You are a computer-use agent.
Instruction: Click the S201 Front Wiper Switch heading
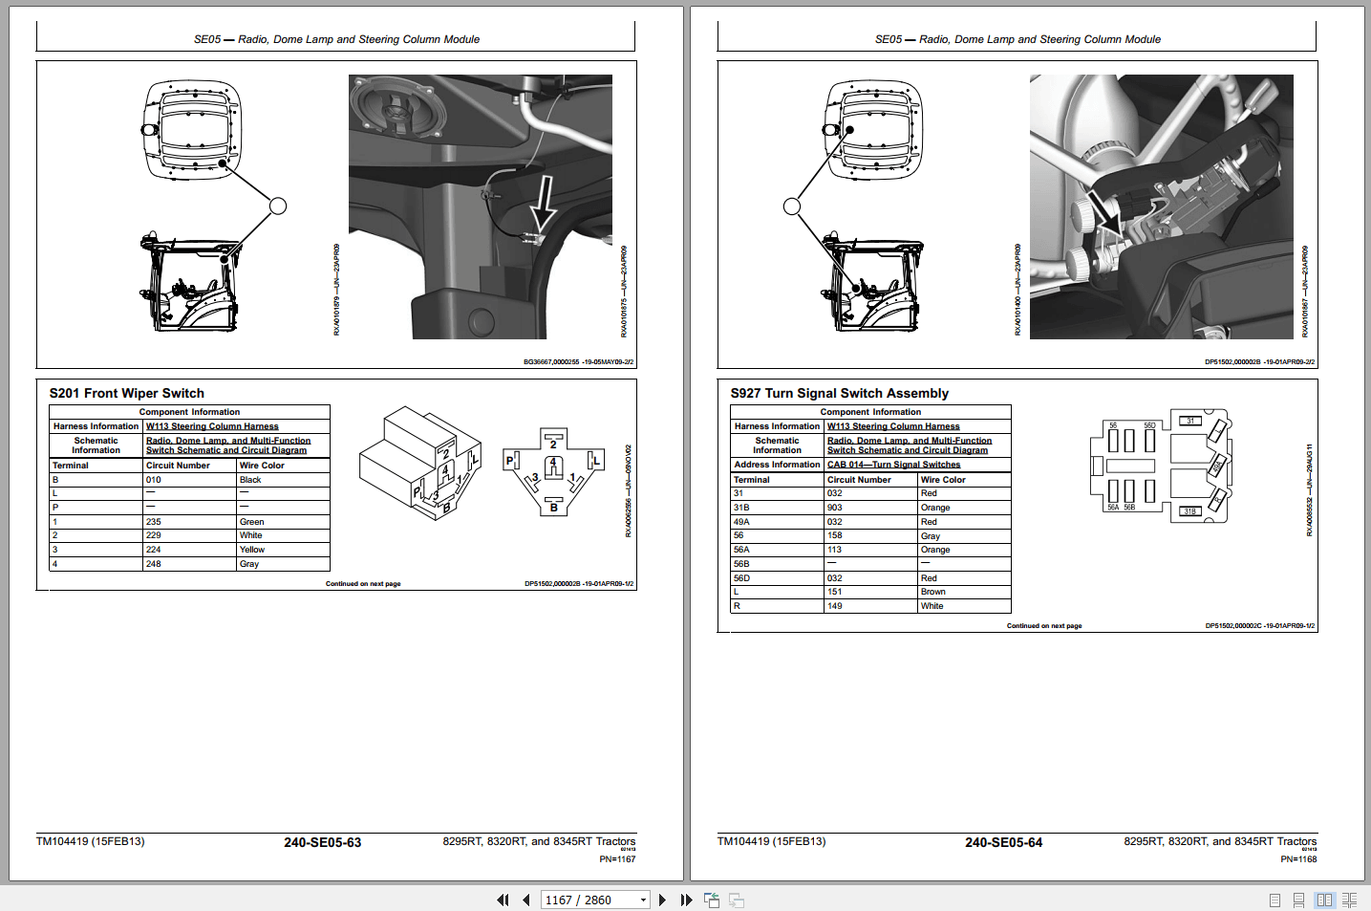[126, 393]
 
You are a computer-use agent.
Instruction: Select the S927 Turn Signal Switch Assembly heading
[839, 393]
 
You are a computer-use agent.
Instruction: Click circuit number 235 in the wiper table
[154, 522]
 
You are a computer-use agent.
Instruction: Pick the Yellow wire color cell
[252, 550]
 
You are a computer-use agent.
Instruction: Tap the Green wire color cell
[252, 522]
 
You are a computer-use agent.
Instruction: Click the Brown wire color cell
[932, 592]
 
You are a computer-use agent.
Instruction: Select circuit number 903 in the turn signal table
[835, 508]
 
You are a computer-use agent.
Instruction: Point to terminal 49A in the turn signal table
[741, 522]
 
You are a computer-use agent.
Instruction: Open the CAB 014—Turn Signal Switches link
[893, 465]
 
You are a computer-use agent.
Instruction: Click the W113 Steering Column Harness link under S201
[212, 426]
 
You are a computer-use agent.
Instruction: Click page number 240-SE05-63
[322, 842]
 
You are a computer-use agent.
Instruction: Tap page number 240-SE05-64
[1003, 842]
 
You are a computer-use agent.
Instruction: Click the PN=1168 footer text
[1298, 859]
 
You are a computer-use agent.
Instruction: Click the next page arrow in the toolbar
[662, 900]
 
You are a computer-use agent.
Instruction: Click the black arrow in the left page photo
[543, 203]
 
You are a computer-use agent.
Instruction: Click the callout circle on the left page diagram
[278, 206]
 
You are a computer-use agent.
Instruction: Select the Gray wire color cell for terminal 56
[930, 536]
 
